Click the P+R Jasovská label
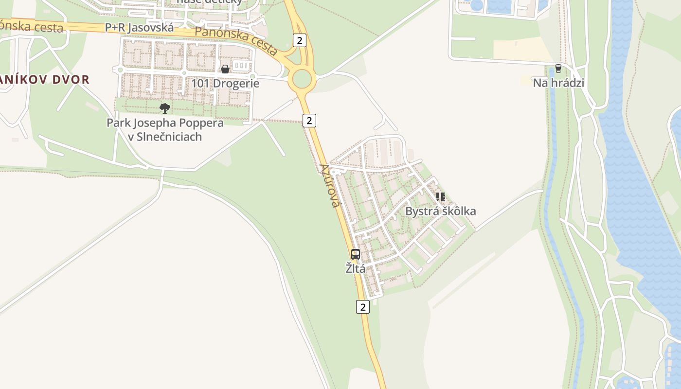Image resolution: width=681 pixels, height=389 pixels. (x=139, y=28)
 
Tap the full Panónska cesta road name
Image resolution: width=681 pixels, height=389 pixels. (x=236, y=41)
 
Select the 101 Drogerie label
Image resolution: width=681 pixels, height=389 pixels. (x=225, y=83)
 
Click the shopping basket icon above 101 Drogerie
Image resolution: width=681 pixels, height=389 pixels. (x=225, y=69)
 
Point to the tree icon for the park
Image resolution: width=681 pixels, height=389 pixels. (x=165, y=108)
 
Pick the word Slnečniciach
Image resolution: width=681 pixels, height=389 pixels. (x=165, y=137)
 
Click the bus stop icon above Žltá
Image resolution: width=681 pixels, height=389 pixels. (x=356, y=254)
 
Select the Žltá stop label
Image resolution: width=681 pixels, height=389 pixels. (x=356, y=268)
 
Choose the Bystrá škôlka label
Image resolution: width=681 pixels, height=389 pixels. (x=440, y=211)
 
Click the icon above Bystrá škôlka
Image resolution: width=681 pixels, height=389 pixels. (x=440, y=197)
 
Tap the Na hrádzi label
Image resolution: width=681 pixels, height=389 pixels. (x=558, y=83)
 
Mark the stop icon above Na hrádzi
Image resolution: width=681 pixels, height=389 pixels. (x=558, y=69)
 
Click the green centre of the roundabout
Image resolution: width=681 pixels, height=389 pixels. (x=302, y=79)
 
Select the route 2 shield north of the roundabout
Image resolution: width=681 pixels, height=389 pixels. (x=300, y=40)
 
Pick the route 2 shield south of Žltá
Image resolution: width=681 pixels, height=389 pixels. (x=362, y=307)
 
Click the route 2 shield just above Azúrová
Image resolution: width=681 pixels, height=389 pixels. (x=309, y=120)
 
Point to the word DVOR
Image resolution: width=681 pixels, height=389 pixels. (x=73, y=80)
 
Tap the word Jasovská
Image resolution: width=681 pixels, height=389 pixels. (x=151, y=28)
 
